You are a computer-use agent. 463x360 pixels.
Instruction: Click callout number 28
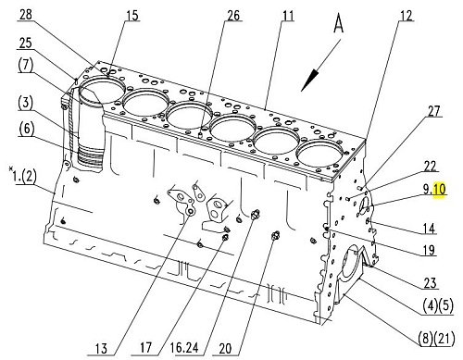(x=26, y=14)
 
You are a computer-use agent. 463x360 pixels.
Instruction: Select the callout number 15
(x=132, y=16)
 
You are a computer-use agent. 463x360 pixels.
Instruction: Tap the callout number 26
(x=233, y=16)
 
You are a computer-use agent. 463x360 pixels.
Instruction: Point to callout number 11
(x=288, y=16)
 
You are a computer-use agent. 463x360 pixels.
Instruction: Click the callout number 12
(x=407, y=16)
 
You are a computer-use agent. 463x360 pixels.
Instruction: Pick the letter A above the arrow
(x=339, y=24)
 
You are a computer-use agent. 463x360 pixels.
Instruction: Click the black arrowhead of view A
(x=309, y=81)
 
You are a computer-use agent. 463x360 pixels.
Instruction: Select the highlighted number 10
(x=440, y=189)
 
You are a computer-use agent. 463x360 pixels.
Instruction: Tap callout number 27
(x=433, y=111)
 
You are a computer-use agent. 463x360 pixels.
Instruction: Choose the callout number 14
(x=429, y=229)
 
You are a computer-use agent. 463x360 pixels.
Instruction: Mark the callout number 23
(x=430, y=283)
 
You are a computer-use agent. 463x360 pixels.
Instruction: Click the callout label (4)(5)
(x=438, y=306)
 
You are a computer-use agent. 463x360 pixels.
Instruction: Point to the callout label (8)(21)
(x=436, y=339)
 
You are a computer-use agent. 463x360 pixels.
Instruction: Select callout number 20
(x=225, y=349)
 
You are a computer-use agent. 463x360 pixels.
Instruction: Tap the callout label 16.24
(x=184, y=348)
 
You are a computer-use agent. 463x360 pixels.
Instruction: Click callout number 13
(x=101, y=349)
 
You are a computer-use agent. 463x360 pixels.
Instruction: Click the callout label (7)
(x=25, y=66)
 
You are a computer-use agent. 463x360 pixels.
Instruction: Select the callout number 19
(x=429, y=250)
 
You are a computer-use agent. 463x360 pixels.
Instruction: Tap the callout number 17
(x=145, y=348)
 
